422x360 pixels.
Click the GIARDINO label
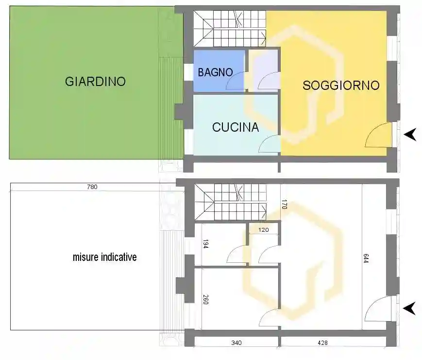[95, 81]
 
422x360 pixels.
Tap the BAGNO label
[215, 72]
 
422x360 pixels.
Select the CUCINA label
[236, 127]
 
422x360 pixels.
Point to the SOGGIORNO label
[341, 86]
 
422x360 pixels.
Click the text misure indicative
[105, 257]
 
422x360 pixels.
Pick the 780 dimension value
[92, 187]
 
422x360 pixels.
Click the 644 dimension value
[366, 258]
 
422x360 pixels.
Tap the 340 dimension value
[236, 343]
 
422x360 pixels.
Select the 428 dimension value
[322, 343]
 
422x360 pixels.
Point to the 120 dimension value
[264, 230]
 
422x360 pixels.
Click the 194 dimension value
[205, 244]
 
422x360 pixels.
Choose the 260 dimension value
[205, 299]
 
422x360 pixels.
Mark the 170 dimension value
[285, 204]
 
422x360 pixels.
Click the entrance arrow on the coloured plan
[410, 135]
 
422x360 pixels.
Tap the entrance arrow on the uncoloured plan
[410, 309]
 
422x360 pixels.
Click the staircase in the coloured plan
[230, 29]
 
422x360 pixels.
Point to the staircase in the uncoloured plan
[230, 202]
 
